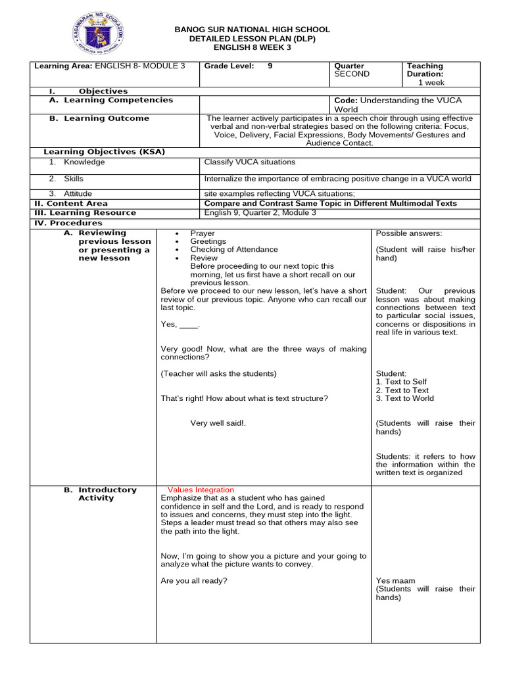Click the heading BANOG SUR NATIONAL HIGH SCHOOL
pos(252,30)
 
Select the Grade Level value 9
pos(270,66)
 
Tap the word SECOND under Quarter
pos(352,74)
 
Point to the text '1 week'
pos(431,83)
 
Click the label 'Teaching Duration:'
pos(425,70)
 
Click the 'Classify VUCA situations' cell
pos(250,162)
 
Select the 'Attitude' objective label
pos(78,194)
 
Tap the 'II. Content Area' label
pos(71,204)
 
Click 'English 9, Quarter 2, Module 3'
pos(260,213)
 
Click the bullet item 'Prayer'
pos(203,233)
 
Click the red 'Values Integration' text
pos(201,490)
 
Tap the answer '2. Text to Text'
pos(402,390)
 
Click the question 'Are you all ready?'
pos(194,580)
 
